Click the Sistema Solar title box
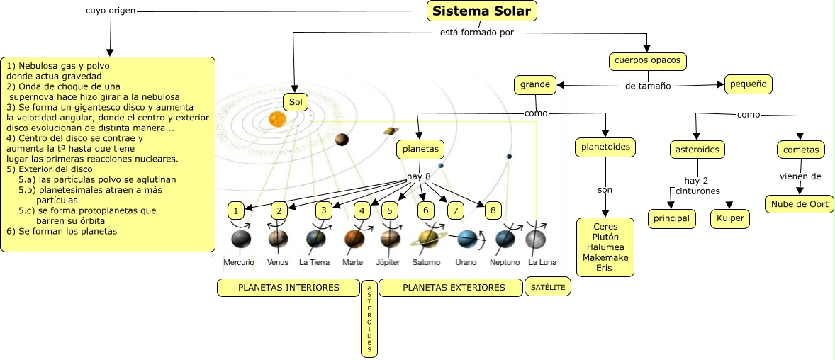click(481, 11)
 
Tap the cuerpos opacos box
click(647, 61)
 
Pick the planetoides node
click(605, 147)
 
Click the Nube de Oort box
click(800, 203)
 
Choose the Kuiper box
click(729, 218)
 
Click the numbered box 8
click(493, 210)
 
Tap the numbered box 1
click(235, 211)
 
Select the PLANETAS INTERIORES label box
click(288, 288)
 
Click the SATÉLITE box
click(548, 286)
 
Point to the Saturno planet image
click(428, 238)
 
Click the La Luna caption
click(542, 262)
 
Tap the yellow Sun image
click(277, 119)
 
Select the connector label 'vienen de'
click(800, 176)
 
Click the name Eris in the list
click(605, 268)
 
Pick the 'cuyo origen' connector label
click(111, 11)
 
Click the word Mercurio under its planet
click(239, 262)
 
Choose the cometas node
click(801, 150)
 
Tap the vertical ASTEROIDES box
click(369, 318)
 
